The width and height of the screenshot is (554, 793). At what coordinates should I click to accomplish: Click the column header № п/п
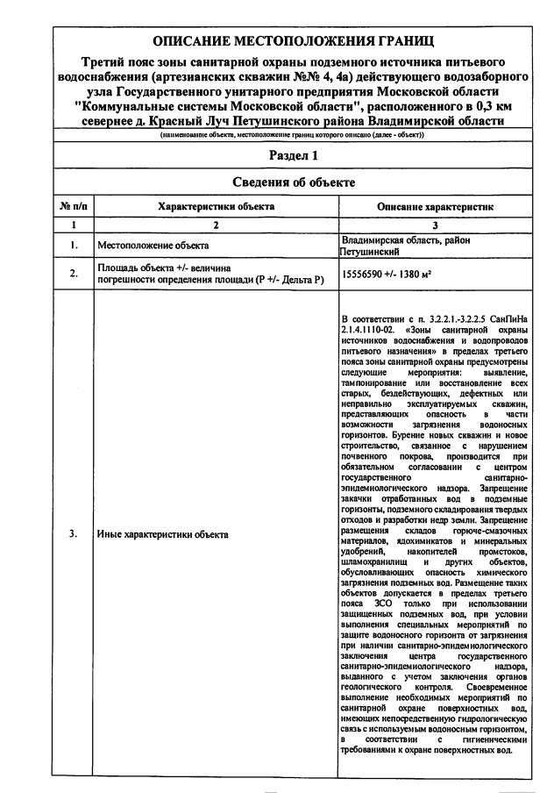(x=73, y=206)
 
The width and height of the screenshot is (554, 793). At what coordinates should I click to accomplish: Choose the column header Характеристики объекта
(x=216, y=206)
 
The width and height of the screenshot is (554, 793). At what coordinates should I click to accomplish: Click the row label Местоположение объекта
(x=153, y=246)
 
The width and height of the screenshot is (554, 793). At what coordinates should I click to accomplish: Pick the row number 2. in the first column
(x=73, y=274)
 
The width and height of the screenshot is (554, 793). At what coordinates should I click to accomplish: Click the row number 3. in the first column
(x=73, y=533)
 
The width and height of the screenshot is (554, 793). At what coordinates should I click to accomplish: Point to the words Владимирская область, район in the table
(x=396, y=239)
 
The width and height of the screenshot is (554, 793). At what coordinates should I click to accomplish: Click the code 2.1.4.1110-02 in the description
(x=368, y=327)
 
